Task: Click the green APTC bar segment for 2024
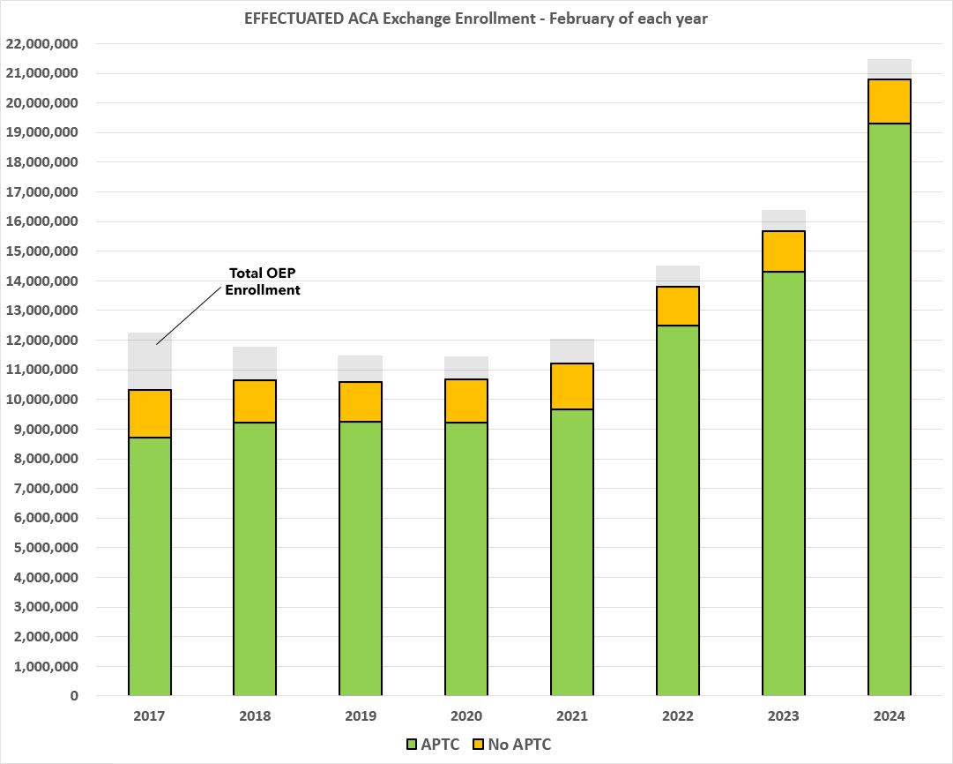click(x=889, y=409)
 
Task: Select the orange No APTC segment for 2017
click(x=150, y=414)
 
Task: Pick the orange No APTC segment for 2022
click(x=678, y=306)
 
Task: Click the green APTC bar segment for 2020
click(x=466, y=559)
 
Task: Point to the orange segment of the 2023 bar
click(x=784, y=251)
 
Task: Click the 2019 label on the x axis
click(x=361, y=716)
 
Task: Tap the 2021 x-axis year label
click(x=572, y=716)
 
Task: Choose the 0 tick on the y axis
click(x=74, y=696)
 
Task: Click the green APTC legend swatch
click(x=411, y=745)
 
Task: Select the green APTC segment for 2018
click(x=255, y=559)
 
